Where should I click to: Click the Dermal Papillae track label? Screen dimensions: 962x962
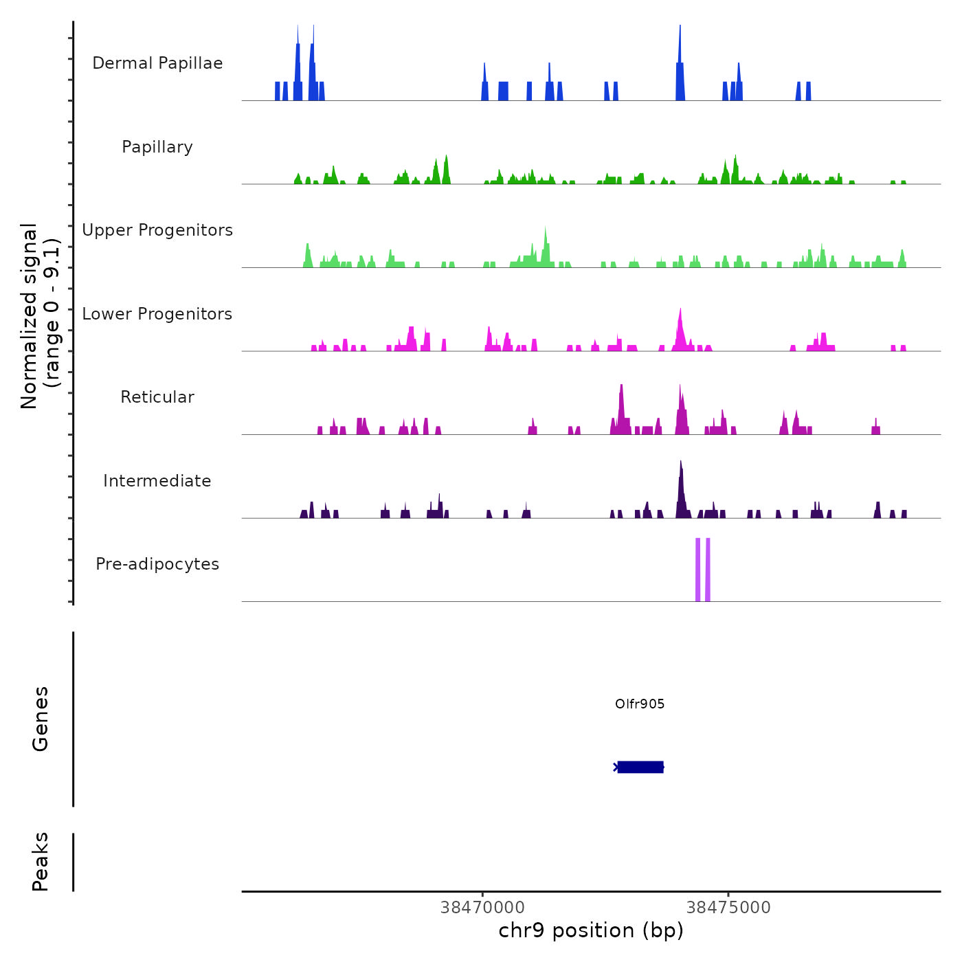click(x=157, y=63)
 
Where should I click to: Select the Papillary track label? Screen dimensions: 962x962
click(x=157, y=147)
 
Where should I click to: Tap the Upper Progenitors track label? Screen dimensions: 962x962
click(x=157, y=230)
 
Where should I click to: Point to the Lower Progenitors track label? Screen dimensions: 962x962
click(x=157, y=314)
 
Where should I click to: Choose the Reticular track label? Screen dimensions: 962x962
click(x=157, y=397)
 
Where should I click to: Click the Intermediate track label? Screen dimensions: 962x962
click(x=157, y=481)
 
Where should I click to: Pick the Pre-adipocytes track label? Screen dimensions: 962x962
click(x=157, y=564)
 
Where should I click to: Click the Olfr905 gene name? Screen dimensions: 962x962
click(x=640, y=704)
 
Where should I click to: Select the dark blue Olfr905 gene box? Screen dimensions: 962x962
click(x=640, y=767)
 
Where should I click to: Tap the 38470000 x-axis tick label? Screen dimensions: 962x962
click(x=482, y=908)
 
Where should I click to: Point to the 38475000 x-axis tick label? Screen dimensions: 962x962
click(x=728, y=908)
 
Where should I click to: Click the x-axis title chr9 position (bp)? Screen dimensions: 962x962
click(x=591, y=930)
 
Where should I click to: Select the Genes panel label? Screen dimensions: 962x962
click(x=41, y=719)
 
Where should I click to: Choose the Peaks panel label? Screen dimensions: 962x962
click(x=41, y=862)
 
